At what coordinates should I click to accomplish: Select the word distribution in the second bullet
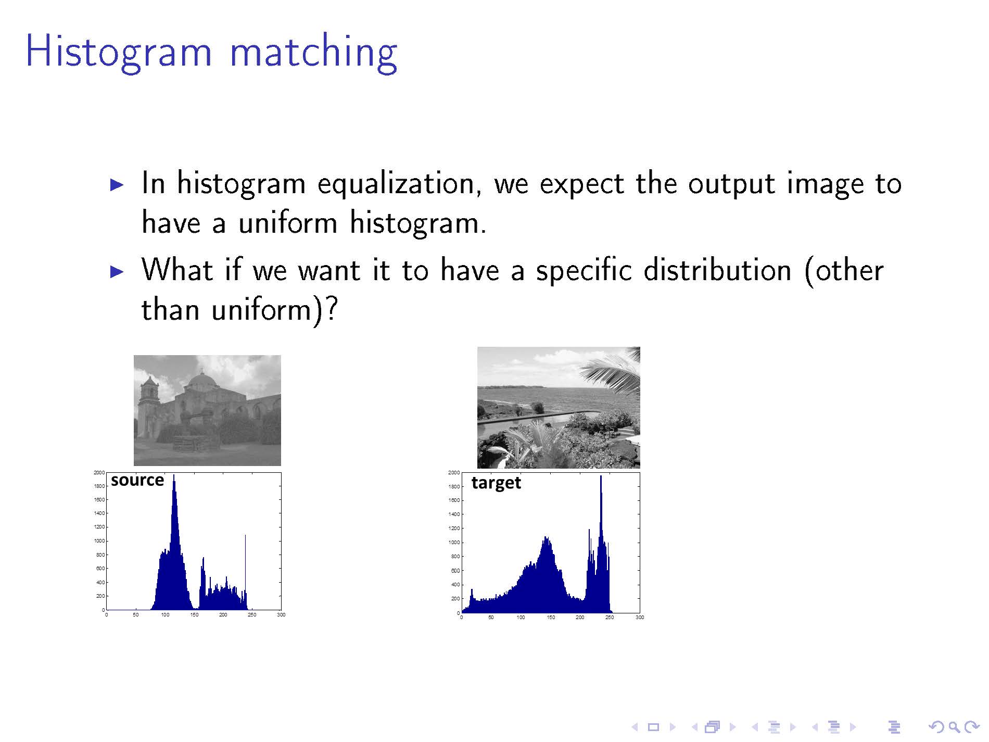click(717, 270)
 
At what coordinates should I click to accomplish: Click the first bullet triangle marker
click(117, 185)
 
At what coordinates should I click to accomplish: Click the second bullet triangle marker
click(117, 271)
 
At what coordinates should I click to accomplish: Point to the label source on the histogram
click(137, 480)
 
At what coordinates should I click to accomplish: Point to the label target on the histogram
click(496, 483)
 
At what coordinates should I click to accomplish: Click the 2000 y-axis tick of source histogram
click(99, 473)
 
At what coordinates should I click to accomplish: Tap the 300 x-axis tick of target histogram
click(640, 618)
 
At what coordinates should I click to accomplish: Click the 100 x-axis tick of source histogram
click(165, 615)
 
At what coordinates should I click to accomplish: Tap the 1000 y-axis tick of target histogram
click(454, 543)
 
